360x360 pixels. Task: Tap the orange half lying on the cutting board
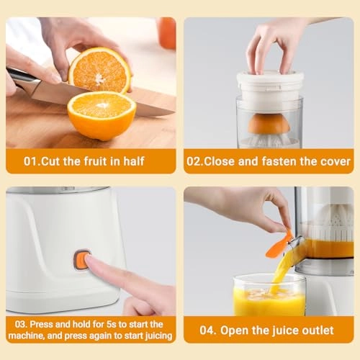pyautogui.click(x=102, y=115)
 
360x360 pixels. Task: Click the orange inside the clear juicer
pyautogui.click(x=269, y=124)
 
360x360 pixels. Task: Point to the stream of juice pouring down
pyautogui.click(x=282, y=269)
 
